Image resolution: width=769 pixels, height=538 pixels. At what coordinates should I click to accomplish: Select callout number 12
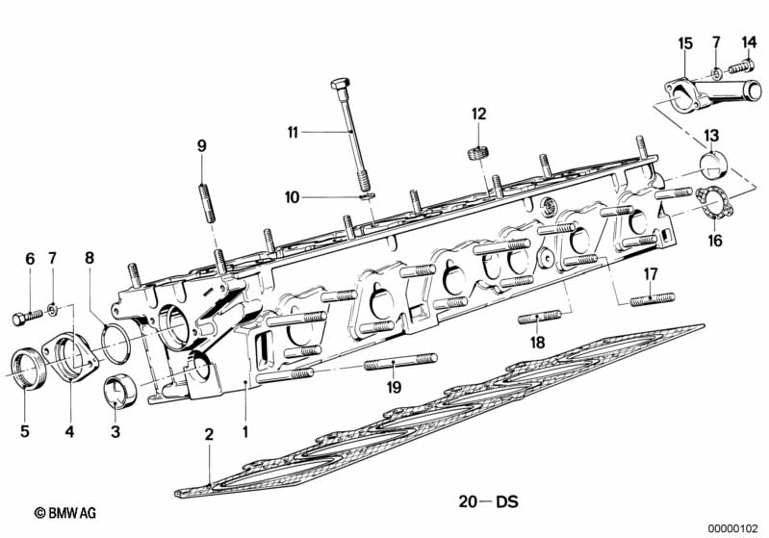[478, 114]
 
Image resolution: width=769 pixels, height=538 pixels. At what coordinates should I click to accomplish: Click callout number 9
[202, 146]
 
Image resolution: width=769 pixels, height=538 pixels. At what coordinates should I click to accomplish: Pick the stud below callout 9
[207, 192]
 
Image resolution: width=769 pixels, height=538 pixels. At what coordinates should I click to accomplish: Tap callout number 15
[684, 43]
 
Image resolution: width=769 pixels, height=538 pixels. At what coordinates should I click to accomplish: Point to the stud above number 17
[652, 299]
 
